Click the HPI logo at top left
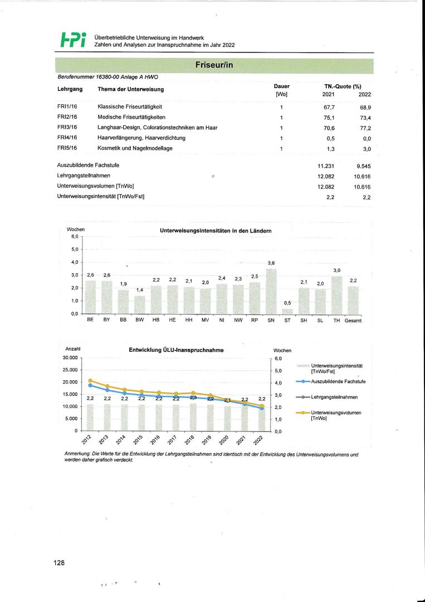(72, 39)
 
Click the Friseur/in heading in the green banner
(214, 66)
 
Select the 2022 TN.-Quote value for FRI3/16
(365, 128)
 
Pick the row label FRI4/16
(67, 138)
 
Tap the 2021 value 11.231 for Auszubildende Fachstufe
(325, 166)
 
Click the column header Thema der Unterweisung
(130, 89)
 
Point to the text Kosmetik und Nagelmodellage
(135, 148)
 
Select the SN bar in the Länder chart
(271, 291)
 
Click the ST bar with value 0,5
(287, 311)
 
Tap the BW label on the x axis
(139, 321)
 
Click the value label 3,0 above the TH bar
(337, 270)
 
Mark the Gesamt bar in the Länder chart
(353, 300)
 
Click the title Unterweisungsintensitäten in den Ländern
(216, 230)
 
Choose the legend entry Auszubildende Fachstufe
(338, 382)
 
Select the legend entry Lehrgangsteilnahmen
(334, 397)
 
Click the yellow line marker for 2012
(90, 381)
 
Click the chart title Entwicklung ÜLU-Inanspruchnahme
(176, 351)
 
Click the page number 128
(59, 563)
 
